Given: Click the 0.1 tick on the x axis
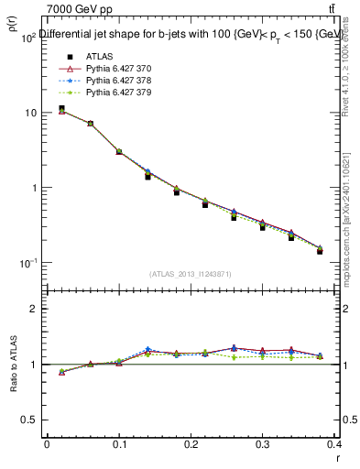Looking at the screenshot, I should pos(118,444).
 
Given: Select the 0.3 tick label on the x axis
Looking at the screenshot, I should pos(262,444).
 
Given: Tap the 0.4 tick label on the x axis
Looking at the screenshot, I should pos(333,444).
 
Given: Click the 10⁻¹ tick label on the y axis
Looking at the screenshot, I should pos(26,263).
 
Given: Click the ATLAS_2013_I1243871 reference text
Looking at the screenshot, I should pos(191,274).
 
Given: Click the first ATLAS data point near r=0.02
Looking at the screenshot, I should pos(61,109).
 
